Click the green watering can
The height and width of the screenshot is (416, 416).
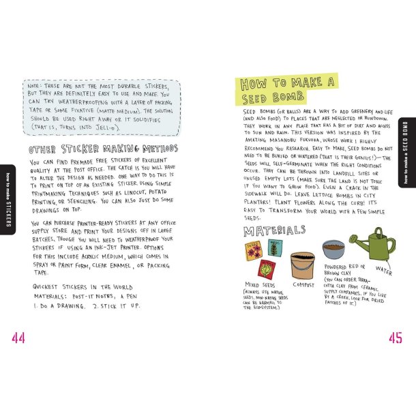[x=372, y=243]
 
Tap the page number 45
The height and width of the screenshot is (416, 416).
[x=394, y=338]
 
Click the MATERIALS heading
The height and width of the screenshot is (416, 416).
[x=275, y=231]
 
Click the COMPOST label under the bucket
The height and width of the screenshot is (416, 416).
[x=303, y=284]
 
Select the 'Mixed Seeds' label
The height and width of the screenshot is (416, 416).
[x=260, y=284]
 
